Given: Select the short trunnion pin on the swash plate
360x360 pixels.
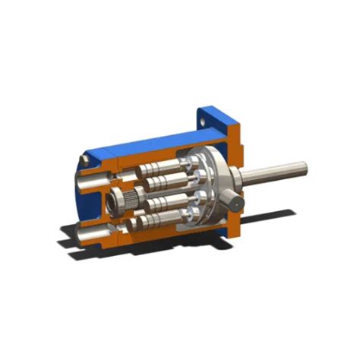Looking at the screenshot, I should (x=237, y=203).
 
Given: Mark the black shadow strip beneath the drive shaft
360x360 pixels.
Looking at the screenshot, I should (x=273, y=217).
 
